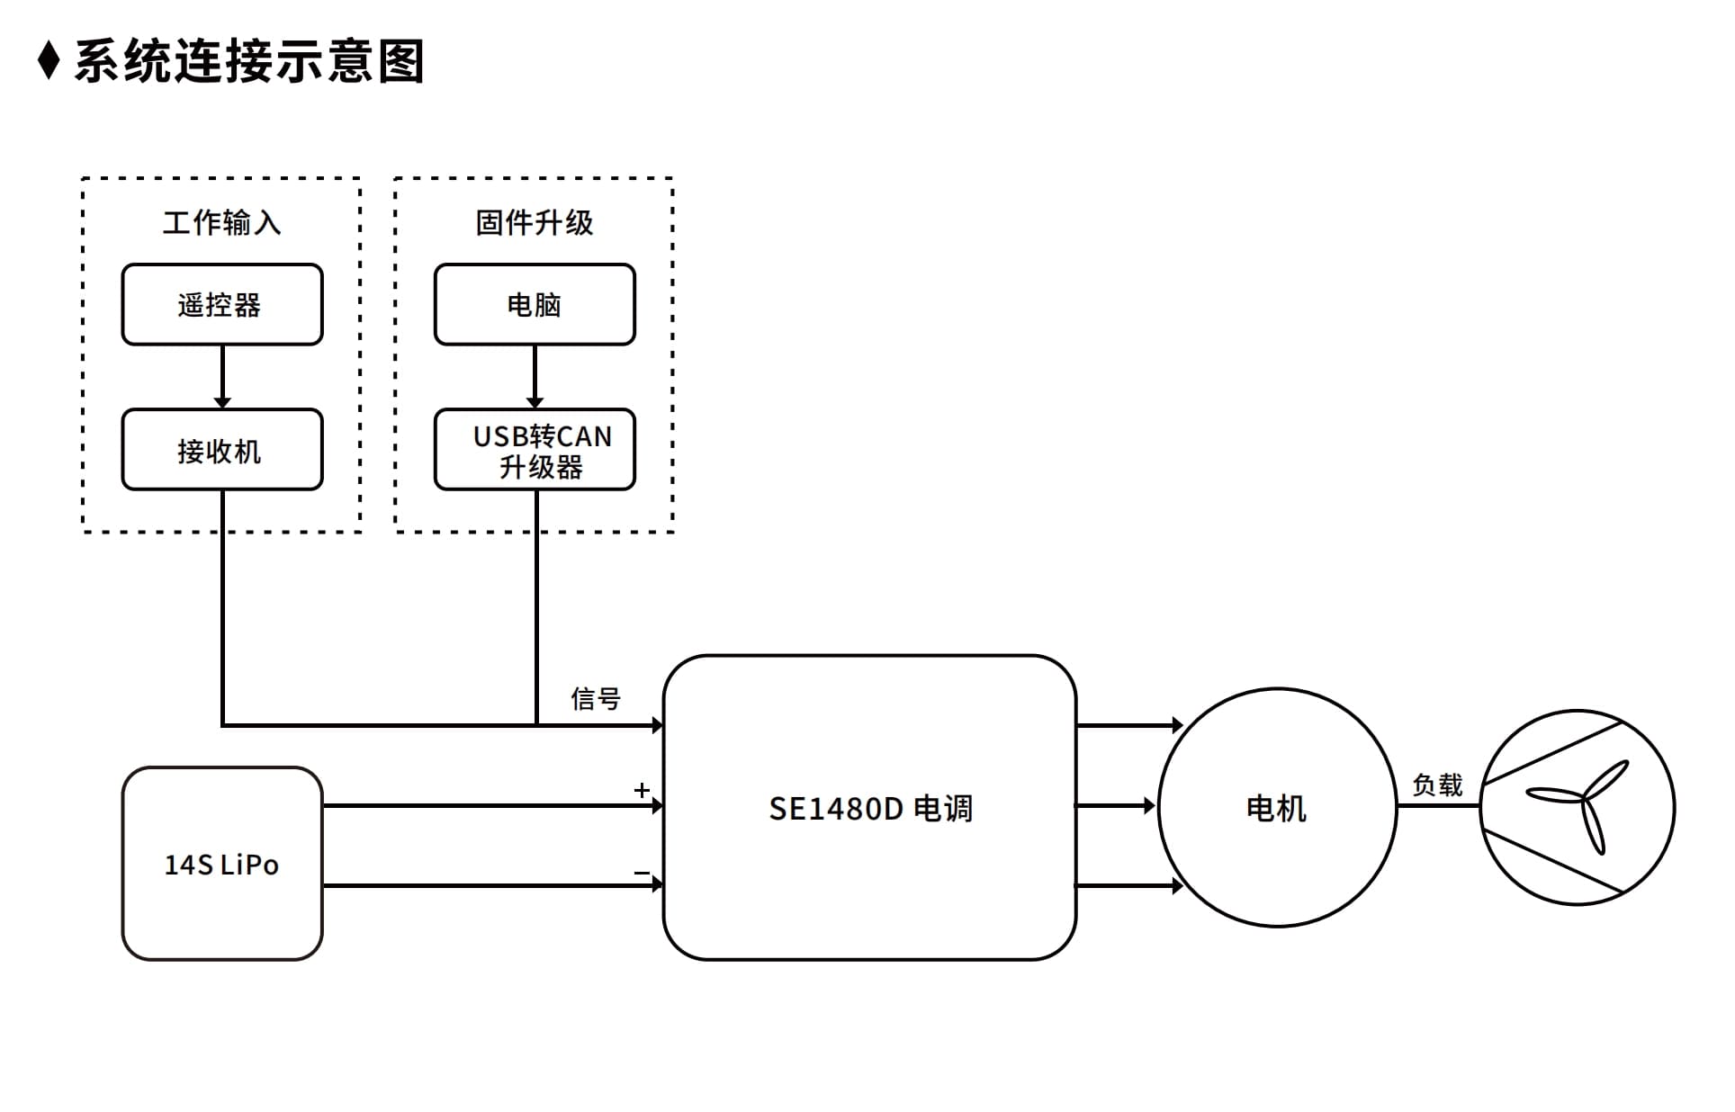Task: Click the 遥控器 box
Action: tap(222, 304)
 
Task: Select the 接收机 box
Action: tap(222, 450)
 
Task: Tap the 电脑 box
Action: tap(535, 304)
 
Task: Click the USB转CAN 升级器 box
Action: tap(535, 450)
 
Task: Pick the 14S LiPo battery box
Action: tap(222, 864)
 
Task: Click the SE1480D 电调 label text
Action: tap(870, 809)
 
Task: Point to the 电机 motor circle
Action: tap(1277, 807)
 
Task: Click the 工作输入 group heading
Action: tap(222, 222)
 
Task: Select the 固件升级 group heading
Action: tap(535, 222)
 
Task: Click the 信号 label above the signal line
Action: tap(596, 698)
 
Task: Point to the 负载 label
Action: tap(1437, 785)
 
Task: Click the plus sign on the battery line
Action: tap(642, 790)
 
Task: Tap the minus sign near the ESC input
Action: tap(642, 873)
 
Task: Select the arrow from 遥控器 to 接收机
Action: tap(222, 377)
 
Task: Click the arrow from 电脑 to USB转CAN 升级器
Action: tap(535, 377)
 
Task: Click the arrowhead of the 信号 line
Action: tap(658, 725)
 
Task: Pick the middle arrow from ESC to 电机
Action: tap(1116, 806)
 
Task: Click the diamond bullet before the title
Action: tap(49, 60)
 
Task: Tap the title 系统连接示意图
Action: tap(248, 61)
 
